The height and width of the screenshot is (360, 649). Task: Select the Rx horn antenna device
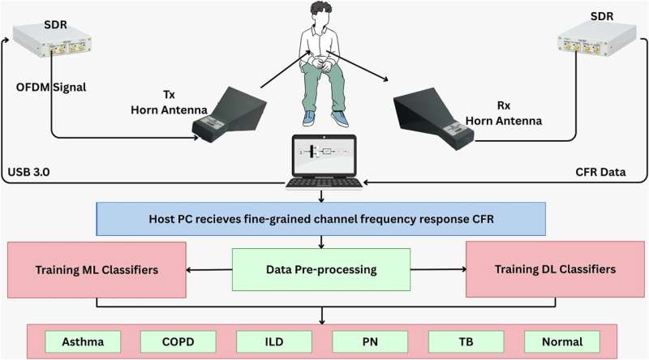click(x=429, y=114)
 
